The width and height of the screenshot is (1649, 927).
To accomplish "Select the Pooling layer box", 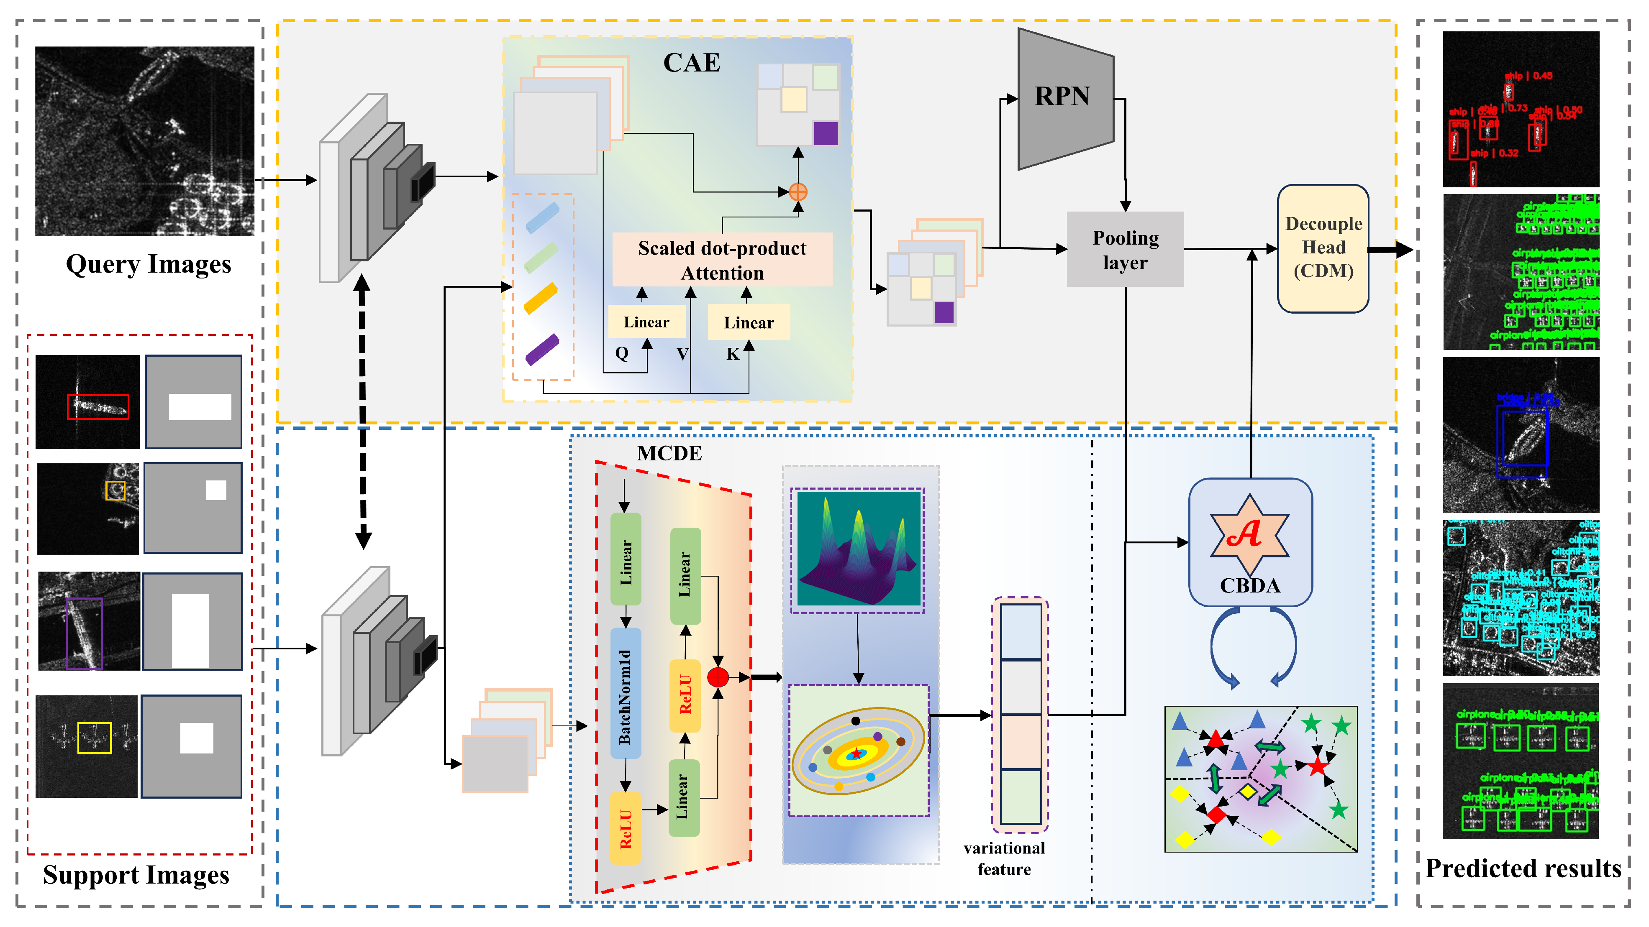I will tap(1125, 250).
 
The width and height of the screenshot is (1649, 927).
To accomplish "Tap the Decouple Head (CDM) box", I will tap(1323, 248).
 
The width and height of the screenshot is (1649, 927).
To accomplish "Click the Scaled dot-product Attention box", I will tap(722, 260).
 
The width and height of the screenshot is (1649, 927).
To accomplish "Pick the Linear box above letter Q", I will tap(646, 322).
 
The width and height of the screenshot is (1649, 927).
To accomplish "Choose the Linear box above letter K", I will tap(748, 322).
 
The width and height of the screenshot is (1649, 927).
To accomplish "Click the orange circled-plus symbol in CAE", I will tap(798, 191).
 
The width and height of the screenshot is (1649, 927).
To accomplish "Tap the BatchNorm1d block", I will tap(626, 694).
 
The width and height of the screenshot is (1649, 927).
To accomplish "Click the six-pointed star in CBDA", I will tap(1249, 534).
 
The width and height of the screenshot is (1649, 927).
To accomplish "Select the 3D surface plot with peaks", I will tap(857, 549).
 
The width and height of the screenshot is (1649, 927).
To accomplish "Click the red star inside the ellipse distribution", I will tap(856, 754).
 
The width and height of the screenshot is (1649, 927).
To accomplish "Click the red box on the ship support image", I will tap(98, 407).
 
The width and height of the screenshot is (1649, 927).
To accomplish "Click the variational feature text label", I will tap(1004, 858).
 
